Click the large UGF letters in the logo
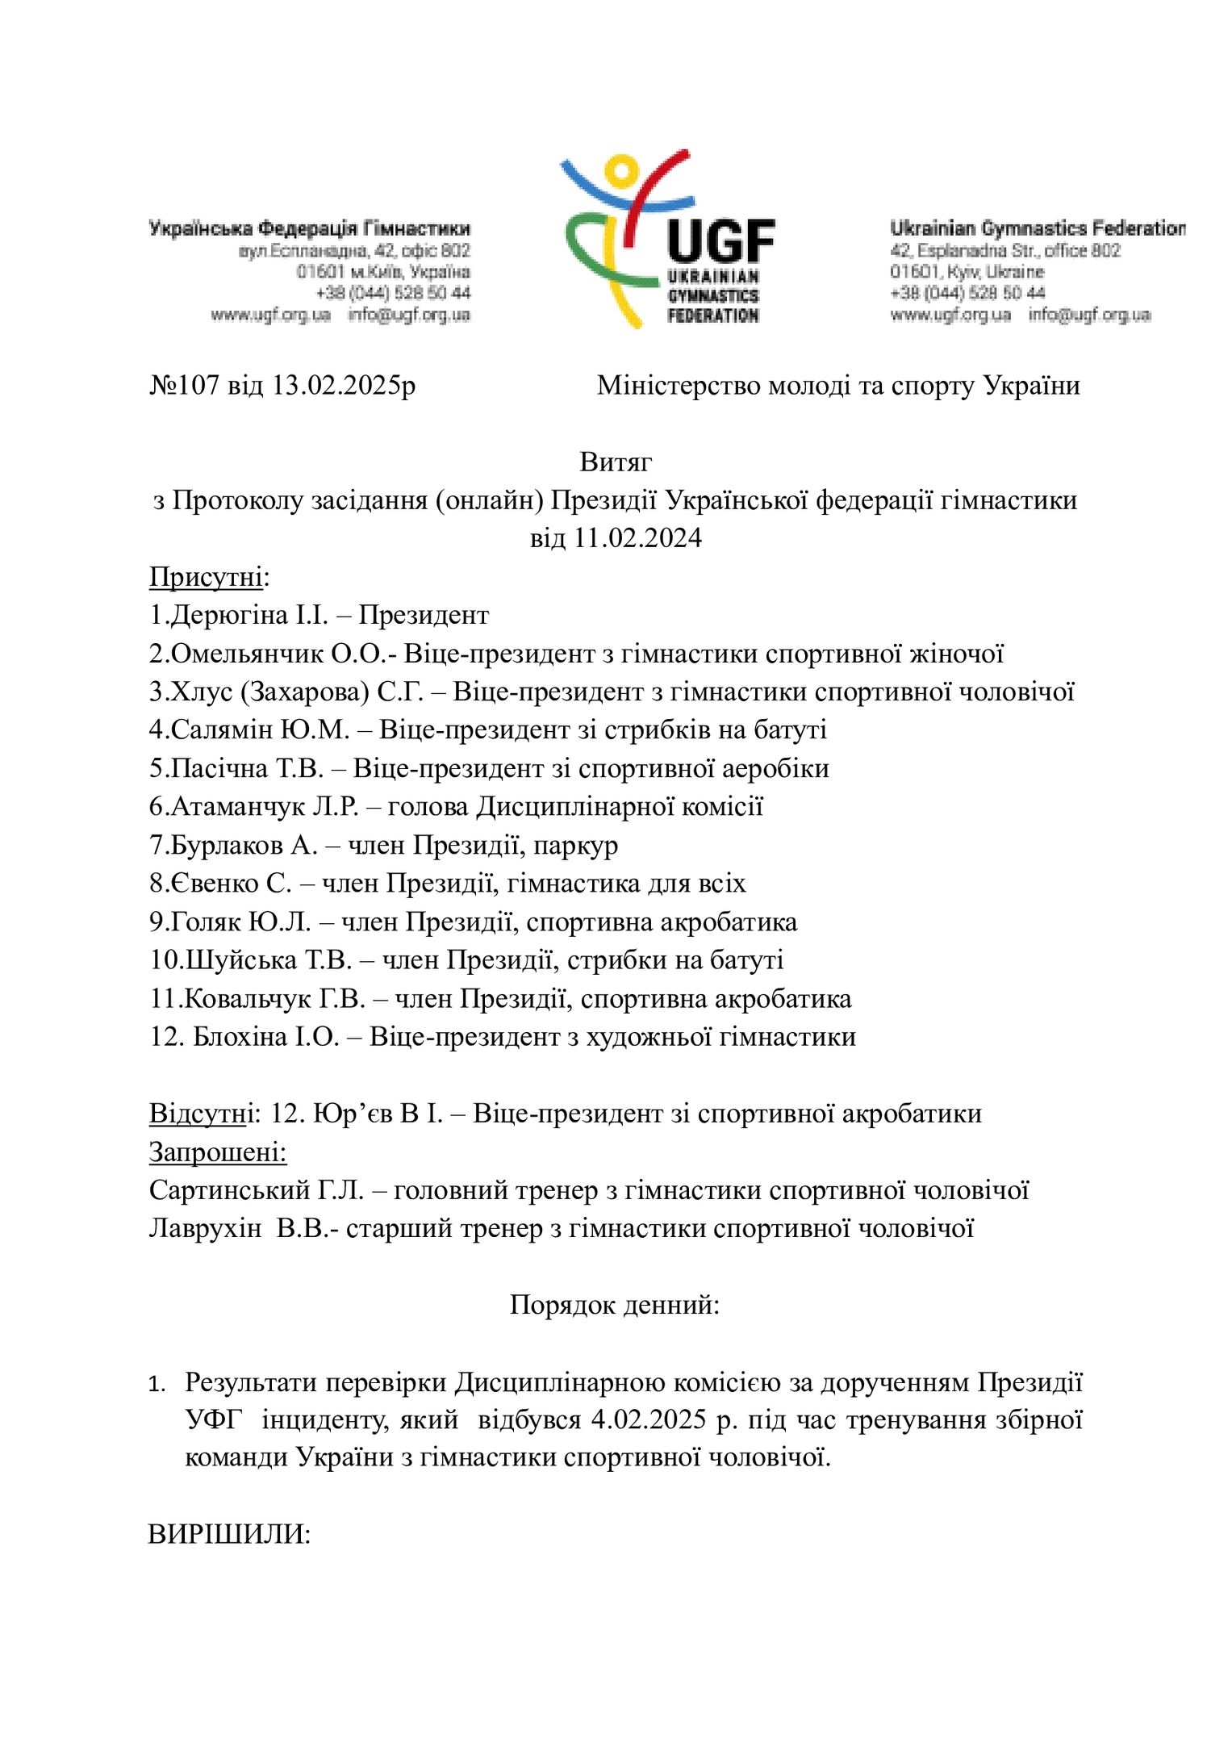720,242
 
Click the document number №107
185,386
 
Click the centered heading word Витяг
616,462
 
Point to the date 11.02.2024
637,538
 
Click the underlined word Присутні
206,577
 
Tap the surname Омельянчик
247,654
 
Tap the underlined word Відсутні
198,1114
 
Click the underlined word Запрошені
218,1152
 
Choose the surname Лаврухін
205,1228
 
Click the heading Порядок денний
615,1305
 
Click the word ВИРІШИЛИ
229,1534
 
